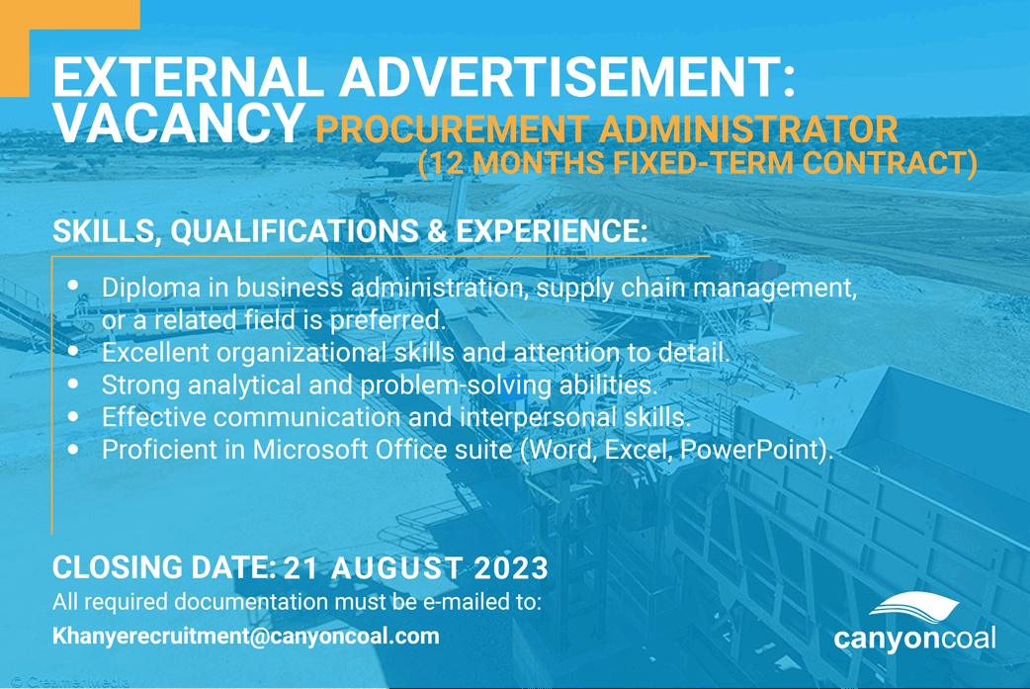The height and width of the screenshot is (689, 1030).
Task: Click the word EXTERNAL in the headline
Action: (158, 80)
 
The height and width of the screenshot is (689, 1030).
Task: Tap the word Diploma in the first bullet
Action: (151, 288)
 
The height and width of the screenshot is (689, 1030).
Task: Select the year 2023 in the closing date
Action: (509, 569)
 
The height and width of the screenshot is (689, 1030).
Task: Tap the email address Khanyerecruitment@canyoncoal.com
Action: (245, 637)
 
